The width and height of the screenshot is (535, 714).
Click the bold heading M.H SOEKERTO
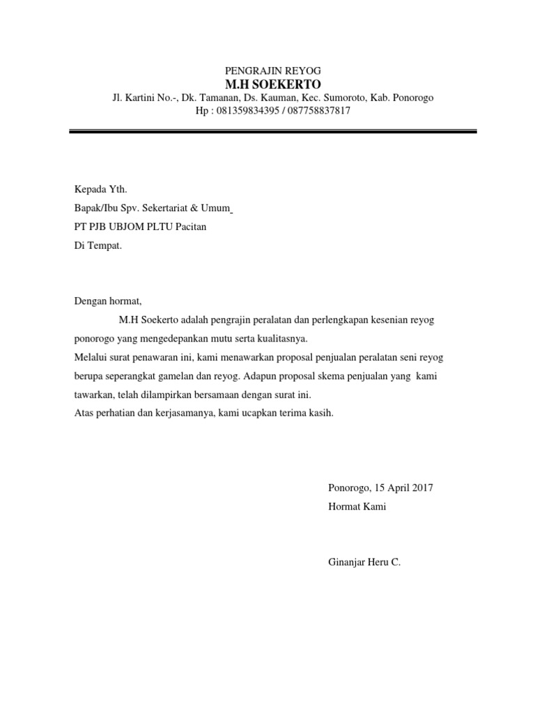tap(272, 84)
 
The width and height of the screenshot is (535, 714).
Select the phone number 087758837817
tap(318, 111)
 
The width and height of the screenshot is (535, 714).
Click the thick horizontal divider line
tap(272, 131)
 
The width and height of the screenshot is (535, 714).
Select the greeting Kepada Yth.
tap(101, 189)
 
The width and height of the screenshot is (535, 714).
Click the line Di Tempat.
tap(98, 245)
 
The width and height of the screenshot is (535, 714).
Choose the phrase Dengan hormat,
tap(107, 301)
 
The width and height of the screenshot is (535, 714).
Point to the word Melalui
tap(91, 358)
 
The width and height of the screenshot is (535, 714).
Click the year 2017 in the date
tap(421, 488)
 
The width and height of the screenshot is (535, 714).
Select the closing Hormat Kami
tap(357, 507)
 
